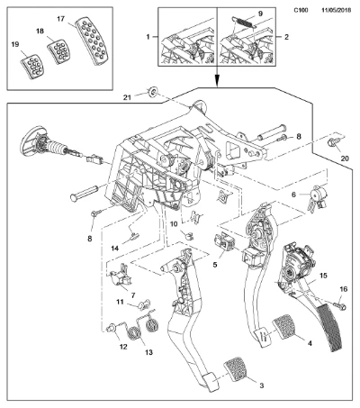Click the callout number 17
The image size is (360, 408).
[60, 19]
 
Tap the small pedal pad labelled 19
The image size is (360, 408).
[32, 67]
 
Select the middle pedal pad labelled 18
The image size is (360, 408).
[58, 50]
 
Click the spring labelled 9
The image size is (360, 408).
[245, 23]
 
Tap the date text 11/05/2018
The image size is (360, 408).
[336, 10]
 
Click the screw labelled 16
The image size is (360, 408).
[340, 306]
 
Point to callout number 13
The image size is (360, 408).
[148, 352]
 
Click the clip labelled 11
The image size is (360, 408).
[144, 304]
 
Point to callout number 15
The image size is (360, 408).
[323, 276]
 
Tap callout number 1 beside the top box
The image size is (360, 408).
[148, 37]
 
